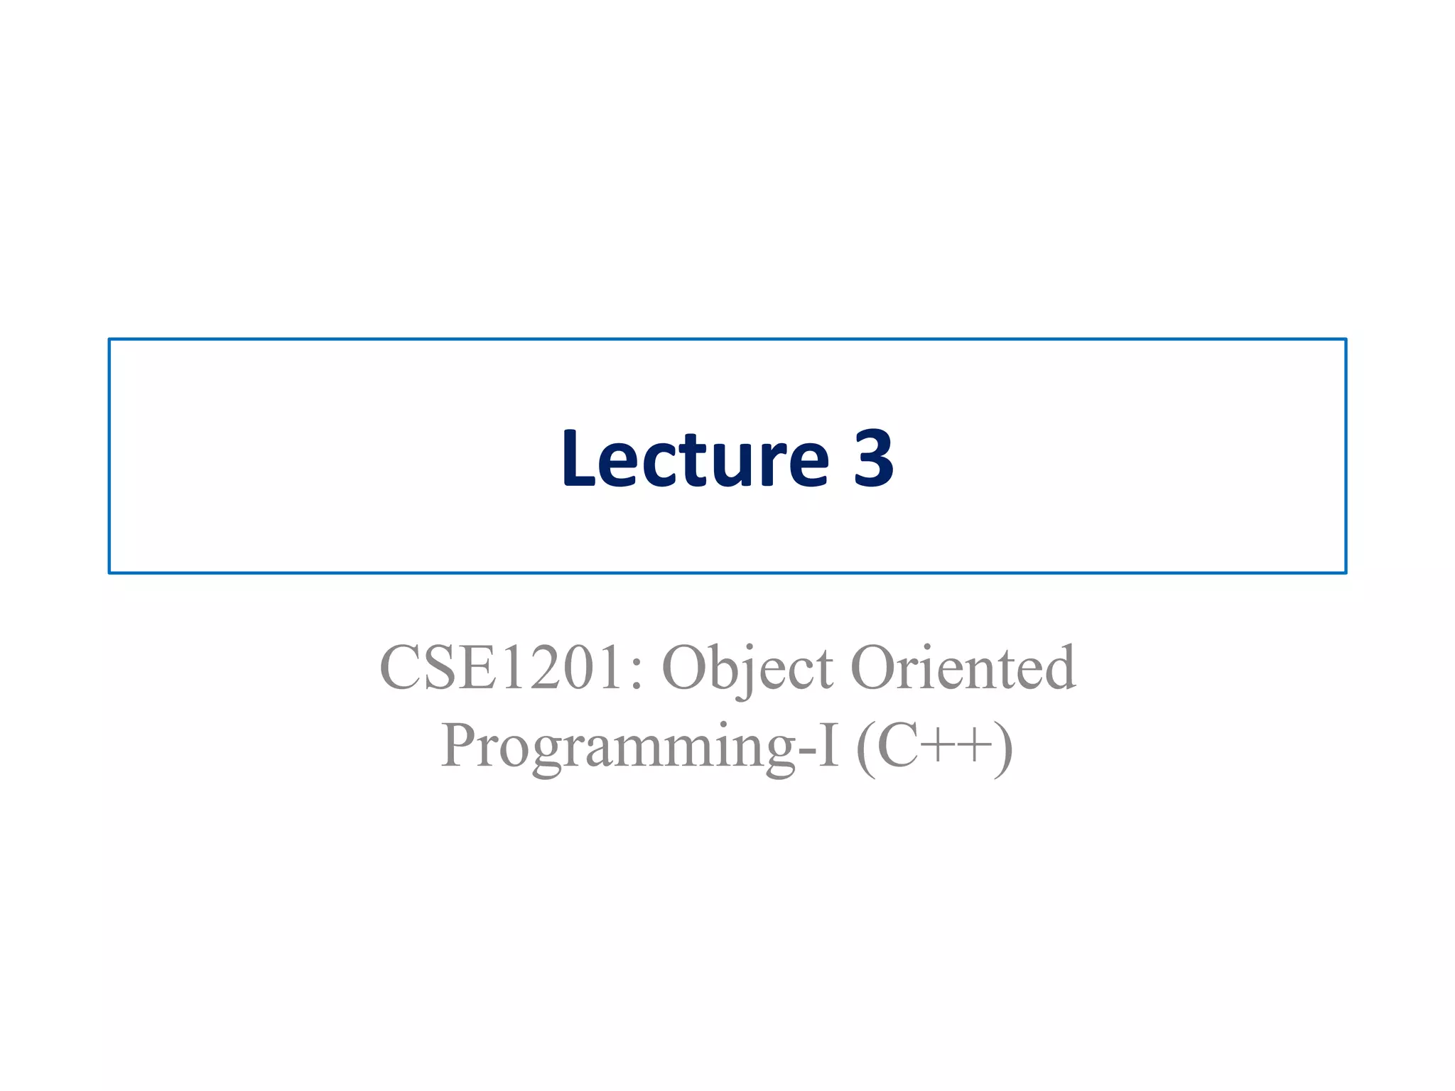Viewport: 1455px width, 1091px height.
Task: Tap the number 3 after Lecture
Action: tap(872, 459)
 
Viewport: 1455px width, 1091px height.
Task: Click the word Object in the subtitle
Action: tap(747, 668)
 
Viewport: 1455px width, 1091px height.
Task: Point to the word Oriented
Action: tap(963, 668)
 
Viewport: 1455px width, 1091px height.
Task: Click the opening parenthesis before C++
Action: tap(865, 749)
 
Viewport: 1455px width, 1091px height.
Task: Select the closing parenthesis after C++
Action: tap(1004, 749)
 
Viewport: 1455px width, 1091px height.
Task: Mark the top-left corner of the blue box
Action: tap(109, 340)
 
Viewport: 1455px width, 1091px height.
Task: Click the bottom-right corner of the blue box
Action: tap(1346, 572)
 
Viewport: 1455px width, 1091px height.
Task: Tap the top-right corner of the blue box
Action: tap(1346, 340)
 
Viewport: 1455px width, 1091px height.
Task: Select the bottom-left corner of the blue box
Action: tap(109, 572)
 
